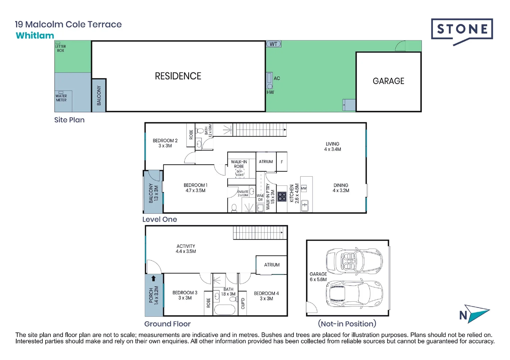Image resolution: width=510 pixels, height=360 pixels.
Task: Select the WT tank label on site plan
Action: (274, 44)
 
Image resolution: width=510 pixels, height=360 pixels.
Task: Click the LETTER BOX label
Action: (60, 48)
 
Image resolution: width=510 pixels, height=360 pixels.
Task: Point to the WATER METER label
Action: (61, 98)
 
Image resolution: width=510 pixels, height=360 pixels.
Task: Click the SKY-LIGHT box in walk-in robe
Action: (240, 173)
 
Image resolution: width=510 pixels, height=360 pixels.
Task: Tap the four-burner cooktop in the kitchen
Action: (282, 196)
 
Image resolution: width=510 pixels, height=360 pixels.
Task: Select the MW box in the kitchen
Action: (304, 188)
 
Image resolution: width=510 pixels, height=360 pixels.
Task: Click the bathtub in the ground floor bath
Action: (224, 309)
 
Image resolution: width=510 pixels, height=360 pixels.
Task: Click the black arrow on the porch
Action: (153, 278)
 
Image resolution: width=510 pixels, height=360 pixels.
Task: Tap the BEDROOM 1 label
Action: (195, 188)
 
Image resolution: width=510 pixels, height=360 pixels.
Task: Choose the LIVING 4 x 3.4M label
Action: (333, 147)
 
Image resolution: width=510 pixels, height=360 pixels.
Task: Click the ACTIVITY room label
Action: (186, 249)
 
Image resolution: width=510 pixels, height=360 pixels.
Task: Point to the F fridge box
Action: (282, 162)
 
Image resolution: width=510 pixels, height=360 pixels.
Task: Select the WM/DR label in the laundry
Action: (260, 198)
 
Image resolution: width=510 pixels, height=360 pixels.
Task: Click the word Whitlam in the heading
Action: (35, 36)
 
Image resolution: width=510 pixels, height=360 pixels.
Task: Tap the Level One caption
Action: (159, 219)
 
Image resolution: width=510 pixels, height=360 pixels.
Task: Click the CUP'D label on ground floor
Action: (243, 303)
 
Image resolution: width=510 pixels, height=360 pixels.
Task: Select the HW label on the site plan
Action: (270, 92)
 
